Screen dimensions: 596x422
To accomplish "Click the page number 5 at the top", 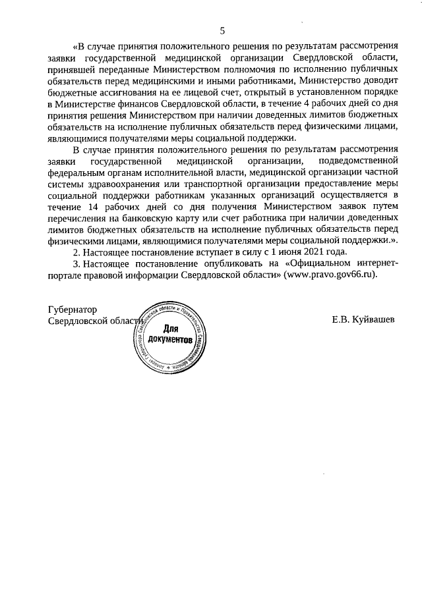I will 222,30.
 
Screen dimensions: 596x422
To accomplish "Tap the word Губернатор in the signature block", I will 73,309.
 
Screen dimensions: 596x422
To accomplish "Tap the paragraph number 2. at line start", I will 76,252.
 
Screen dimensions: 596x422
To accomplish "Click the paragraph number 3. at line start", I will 76,263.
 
